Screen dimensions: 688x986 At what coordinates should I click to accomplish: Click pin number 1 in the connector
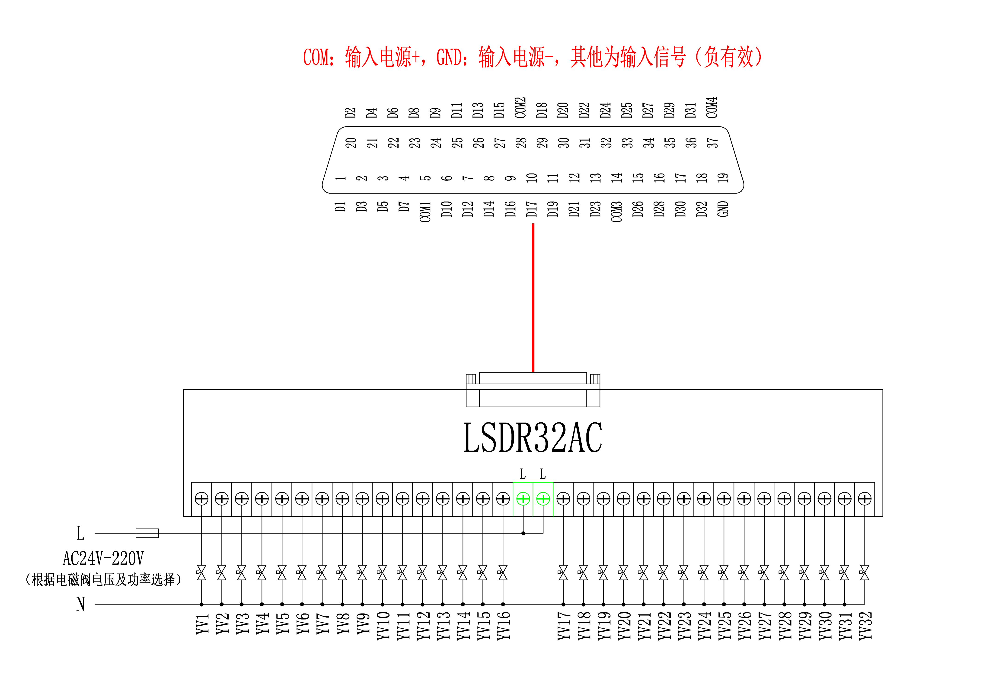coord(341,177)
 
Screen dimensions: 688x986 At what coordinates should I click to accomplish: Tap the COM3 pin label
coord(616,211)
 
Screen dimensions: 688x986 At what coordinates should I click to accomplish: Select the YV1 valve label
coord(202,624)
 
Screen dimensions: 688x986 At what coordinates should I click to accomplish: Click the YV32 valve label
coord(865,626)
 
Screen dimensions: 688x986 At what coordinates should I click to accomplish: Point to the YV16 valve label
coord(503,626)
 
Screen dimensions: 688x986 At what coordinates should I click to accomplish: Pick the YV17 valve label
coord(563,626)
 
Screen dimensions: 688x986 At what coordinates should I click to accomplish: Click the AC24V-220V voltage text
coord(103,558)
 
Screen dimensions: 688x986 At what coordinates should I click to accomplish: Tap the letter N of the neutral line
coord(80,604)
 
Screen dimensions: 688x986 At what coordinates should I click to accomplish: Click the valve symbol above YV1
coord(201,572)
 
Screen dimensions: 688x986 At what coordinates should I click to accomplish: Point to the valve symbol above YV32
coord(865,572)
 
